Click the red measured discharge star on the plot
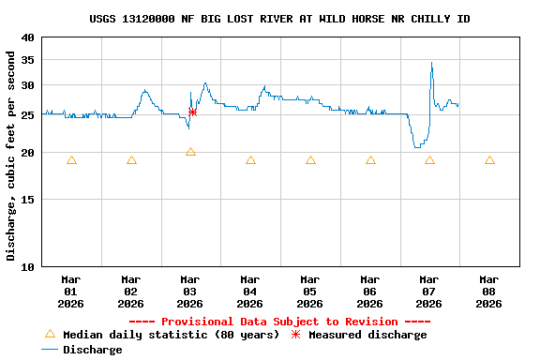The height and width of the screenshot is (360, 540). pyautogui.click(x=192, y=112)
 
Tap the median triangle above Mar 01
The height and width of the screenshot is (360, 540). pyautogui.click(x=71, y=160)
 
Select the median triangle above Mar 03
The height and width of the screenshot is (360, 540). pyautogui.click(x=190, y=152)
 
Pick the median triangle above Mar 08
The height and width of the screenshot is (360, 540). pyautogui.click(x=489, y=160)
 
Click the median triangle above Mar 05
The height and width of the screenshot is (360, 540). pyautogui.click(x=310, y=160)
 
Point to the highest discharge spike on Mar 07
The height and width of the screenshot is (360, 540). pyautogui.click(x=431, y=63)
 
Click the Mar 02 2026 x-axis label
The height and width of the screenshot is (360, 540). pyautogui.click(x=131, y=291)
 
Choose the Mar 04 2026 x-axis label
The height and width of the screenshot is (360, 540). pyautogui.click(x=250, y=291)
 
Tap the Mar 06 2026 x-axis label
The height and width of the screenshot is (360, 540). pyautogui.click(x=370, y=291)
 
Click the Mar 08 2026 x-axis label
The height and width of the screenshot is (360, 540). pyautogui.click(x=489, y=291)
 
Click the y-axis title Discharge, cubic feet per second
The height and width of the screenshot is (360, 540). pyautogui.click(x=11, y=156)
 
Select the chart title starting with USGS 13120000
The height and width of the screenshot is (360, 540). pyautogui.click(x=280, y=19)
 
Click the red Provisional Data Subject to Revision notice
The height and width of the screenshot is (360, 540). pyautogui.click(x=279, y=322)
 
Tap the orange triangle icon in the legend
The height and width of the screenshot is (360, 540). pyautogui.click(x=51, y=334)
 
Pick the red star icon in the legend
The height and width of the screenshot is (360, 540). pyautogui.click(x=296, y=335)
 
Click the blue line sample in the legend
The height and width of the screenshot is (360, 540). pyautogui.click(x=51, y=350)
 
